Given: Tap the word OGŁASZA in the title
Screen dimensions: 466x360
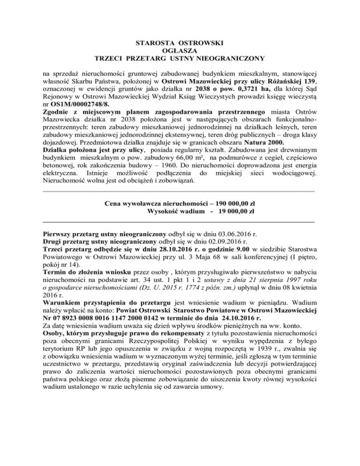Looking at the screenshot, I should (x=180, y=51).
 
